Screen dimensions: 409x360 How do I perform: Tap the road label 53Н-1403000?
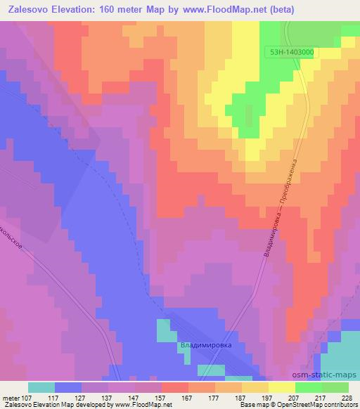coord(291,52)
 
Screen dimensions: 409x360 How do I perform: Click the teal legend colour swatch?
coord(41,387)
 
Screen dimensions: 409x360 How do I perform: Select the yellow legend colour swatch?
coord(282,387)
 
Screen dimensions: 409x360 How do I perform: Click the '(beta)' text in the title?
coord(280,9)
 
